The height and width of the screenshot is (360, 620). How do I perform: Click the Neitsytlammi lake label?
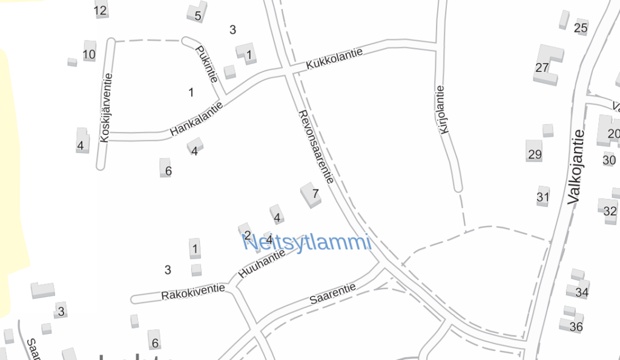pyautogui.click(x=306, y=243)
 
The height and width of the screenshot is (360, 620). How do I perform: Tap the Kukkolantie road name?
pyautogui.click(x=334, y=58)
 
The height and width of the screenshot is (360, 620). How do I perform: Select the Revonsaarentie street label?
pyautogui.click(x=316, y=147)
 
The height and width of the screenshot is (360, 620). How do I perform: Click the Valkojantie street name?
pyautogui.click(x=577, y=166)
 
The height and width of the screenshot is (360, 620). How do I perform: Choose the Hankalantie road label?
pyautogui.click(x=196, y=119)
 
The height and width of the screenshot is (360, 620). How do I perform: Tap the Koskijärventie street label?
pyautogui.click(x=107, y=108)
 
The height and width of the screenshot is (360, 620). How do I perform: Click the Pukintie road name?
pyautogui.click(x=206, y=71)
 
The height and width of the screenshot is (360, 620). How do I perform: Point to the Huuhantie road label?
pyautogui.click(x=262, y=264)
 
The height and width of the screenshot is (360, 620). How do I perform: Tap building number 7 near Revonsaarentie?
pyautogui.click(x=315, y=194)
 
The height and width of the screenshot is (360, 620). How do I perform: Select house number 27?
pyautogui.click(x=542, y=67)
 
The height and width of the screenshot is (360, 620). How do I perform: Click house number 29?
pyautogui.click(x=535, y=154)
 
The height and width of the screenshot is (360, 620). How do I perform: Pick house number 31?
pyautogui.click(x=543, y=197)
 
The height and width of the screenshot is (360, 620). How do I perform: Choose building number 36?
pyautogui.click(x=576, y=327)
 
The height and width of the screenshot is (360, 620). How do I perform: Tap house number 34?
pyautogui.click(x=582, y=292)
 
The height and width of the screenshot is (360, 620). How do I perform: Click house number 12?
pyautogui.click(x=101, y=10)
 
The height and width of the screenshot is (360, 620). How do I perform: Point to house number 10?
pyautogui.click(x=89, y=54)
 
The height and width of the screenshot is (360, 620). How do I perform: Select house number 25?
pyautogui.click(x=581, y=27)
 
